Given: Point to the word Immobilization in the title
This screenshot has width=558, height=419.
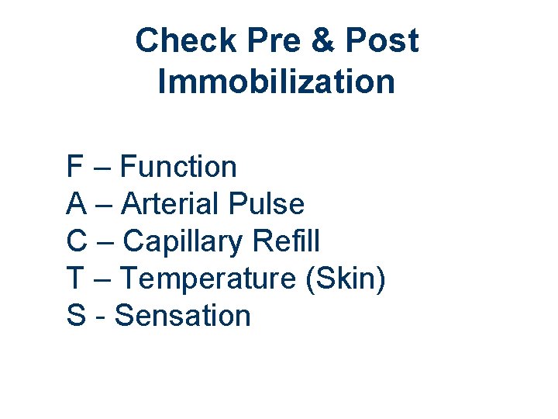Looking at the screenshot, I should tap(276, 81).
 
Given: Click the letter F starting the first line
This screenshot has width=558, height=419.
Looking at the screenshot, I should tap(74, 167).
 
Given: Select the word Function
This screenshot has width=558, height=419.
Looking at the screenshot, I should tap(179, 167).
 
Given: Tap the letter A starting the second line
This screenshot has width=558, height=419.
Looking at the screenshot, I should tap(76, 204).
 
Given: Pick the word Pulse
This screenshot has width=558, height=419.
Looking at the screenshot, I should tap(267, 204).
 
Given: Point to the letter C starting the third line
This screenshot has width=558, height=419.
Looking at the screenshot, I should tap(77, 241).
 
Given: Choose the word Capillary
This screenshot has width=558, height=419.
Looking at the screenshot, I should tap(183, 242).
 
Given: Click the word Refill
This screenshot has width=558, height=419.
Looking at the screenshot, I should tap(286, 241).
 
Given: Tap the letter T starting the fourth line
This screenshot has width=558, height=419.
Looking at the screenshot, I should tap(75, 279).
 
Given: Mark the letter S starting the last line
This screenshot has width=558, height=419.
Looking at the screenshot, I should tap(76, 316).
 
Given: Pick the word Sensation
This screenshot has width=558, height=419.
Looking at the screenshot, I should tap(183, 316).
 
